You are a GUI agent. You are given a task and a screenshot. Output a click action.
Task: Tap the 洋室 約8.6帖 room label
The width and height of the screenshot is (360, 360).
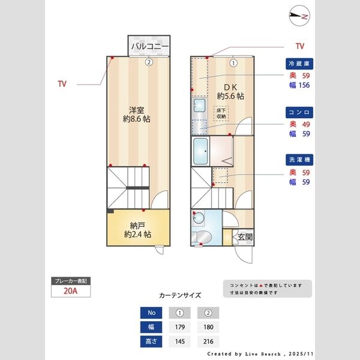tap(137, 115)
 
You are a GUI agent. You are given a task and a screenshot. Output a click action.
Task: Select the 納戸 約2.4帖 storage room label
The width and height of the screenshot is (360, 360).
tap(137, 230)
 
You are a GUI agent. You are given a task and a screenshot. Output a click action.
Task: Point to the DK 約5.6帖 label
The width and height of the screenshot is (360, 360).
tap(231, 91)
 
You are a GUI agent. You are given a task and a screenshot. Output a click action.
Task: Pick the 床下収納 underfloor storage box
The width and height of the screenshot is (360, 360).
tap(221, 113)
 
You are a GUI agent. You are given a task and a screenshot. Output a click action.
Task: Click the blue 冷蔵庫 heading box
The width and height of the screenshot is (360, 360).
tap(299, 64)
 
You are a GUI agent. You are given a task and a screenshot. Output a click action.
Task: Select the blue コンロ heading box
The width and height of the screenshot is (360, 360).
tap(299, 112)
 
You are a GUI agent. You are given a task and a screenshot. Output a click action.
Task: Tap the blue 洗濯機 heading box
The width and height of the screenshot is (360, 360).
tap(299, 161)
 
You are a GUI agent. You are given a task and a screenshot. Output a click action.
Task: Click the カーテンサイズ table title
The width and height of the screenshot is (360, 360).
tap(180, 295)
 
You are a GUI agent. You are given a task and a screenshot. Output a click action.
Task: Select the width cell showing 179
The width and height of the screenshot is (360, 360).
tap(179, 327)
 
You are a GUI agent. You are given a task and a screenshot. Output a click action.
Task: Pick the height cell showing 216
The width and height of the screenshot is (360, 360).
tap(208, 341)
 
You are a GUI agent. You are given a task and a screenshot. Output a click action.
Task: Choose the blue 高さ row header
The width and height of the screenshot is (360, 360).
tap(151, 341)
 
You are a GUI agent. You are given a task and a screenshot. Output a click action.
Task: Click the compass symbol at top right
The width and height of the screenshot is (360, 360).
tap(298, 16)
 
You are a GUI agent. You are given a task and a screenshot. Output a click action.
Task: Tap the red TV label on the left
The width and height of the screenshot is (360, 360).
tap(62, 84)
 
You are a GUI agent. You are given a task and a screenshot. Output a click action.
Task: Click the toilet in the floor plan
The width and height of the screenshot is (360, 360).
tap(201, 236)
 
